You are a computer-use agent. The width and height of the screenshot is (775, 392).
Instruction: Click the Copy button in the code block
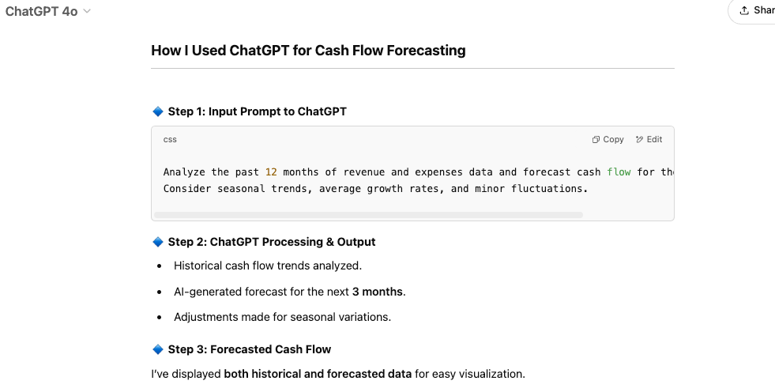click(x=608, y=139)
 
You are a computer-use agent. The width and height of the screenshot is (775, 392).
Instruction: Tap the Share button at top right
click(x=756, y=10)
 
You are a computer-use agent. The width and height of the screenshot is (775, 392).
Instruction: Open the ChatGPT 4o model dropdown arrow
click(x=87, y=11)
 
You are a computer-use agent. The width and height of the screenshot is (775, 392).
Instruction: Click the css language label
click(x=170, y=139)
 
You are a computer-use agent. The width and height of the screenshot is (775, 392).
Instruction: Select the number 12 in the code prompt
click(x=271, y=171)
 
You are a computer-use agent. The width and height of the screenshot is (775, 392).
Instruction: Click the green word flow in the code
click(x=619, y=171)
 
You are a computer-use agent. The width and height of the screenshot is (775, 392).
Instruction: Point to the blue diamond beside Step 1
click(x=157, y=111)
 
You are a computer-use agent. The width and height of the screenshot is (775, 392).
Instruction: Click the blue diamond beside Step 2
click(x=157, y=242)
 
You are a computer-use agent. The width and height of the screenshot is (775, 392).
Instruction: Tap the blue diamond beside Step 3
click(x=157, y=349)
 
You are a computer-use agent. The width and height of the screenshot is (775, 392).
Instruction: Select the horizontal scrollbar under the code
click(x=368, y=215)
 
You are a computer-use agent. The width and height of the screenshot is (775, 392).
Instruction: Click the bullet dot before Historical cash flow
click(x=160, y=266)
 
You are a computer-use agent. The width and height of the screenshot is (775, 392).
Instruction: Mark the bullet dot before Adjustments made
click(x=160, y=318)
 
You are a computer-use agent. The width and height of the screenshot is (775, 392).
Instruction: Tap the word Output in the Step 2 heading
click(x=356, y=242)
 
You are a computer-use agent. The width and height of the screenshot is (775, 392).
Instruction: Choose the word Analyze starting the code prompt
click(x=184, y=171)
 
